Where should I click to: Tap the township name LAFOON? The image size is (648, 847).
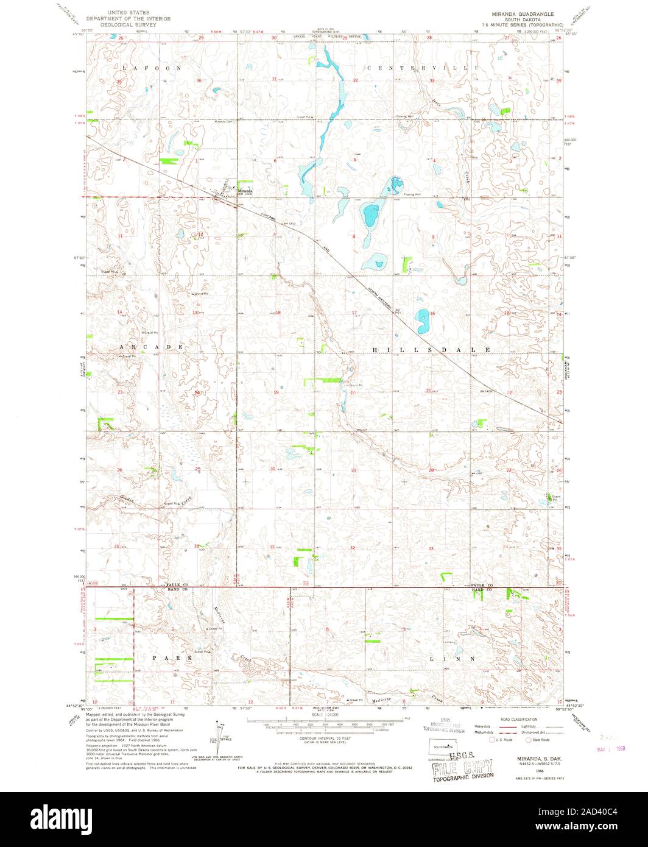(x=152, y=68)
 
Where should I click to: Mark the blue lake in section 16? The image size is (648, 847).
(x=421, y=317)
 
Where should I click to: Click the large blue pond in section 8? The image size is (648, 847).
(x=369, y=214)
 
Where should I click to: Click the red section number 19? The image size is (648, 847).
(x=276, y=393)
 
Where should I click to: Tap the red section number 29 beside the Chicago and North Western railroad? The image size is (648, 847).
(x=354, y=470)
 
